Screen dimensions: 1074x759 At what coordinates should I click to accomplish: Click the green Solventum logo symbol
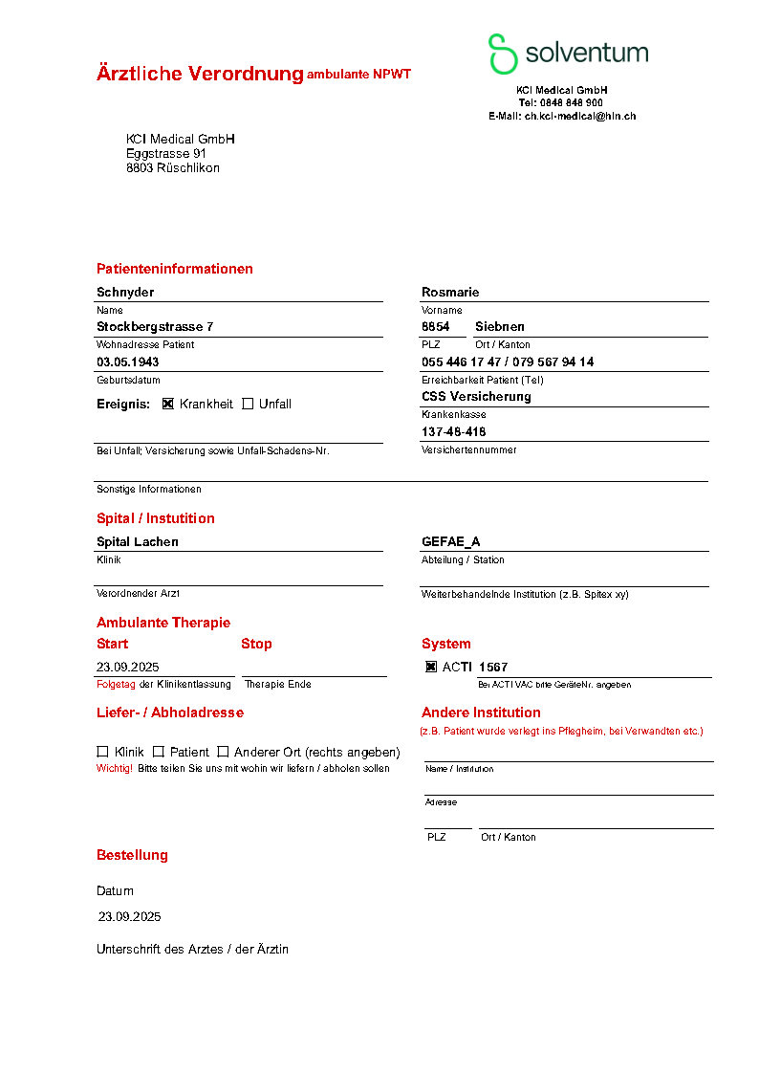(x=503, y=54)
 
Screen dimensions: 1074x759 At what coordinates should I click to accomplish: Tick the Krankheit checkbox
(x=168, y=404)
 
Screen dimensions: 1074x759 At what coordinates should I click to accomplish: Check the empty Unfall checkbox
(x=248, y=404)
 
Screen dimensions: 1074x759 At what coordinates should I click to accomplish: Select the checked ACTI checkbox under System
(x=431, y=667)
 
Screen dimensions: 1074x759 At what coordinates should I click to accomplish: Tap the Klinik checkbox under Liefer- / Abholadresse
(x=102, y=752)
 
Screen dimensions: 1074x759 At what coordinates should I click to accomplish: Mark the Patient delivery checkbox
(x=159, y=752)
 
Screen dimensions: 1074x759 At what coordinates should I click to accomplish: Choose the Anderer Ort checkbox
(x=223, y=752)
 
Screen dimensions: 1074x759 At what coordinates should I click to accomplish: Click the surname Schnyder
(x=125, y=292)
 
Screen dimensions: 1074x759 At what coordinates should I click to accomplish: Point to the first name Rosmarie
(x=450, y=292)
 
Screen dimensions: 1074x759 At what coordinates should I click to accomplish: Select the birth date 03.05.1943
(x=128, y=362)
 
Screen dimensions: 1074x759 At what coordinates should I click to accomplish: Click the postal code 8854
(x=436, y=326)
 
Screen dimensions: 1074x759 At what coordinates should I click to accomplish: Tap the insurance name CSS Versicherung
(x=476, y=396)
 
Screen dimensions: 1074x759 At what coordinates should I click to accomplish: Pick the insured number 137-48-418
(x=454, y=431)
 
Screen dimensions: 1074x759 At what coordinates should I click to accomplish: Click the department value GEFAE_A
(x=451, y=541)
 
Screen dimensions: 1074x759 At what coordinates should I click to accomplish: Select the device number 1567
(x=493, y=667)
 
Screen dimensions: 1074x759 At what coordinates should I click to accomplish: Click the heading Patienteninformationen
(x=175, y=269)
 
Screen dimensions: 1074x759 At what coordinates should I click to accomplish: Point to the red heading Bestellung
(x=132, y=855)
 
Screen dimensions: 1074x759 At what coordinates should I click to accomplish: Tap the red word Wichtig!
(x=115, y=768)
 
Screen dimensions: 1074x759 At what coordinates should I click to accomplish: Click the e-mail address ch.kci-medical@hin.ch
(x=580, y=116)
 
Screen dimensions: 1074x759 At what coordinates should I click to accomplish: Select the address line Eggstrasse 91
(x=166, y=153)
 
